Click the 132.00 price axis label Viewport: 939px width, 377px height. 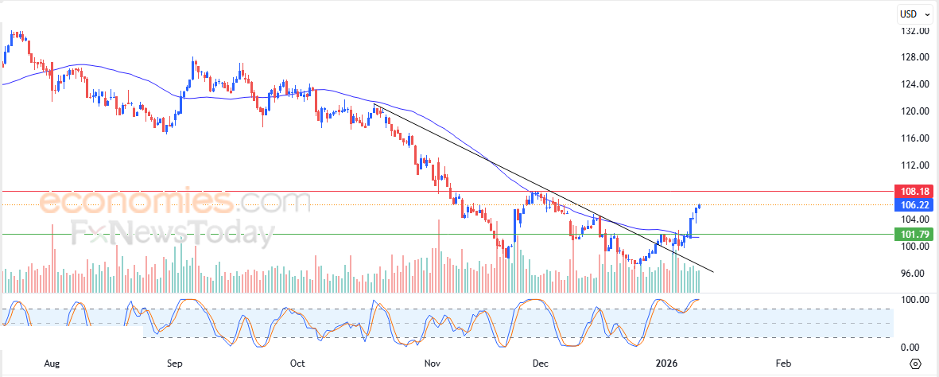(x=915, y=31)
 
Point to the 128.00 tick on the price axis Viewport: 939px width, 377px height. (x=915, y=57)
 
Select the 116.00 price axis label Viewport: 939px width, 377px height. (x=915, y=138)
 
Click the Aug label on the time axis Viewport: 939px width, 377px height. (x=52, y=363)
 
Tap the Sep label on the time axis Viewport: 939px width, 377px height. (x=175, y=363)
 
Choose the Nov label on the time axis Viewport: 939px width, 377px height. (x=432, y=363)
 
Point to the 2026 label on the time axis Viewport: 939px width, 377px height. (x=666, y=363)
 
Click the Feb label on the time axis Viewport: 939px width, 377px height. (x=783, y=363)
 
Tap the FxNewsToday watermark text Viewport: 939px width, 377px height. (x=172, y=233)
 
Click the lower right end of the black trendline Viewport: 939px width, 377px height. (x=713, y=272)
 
